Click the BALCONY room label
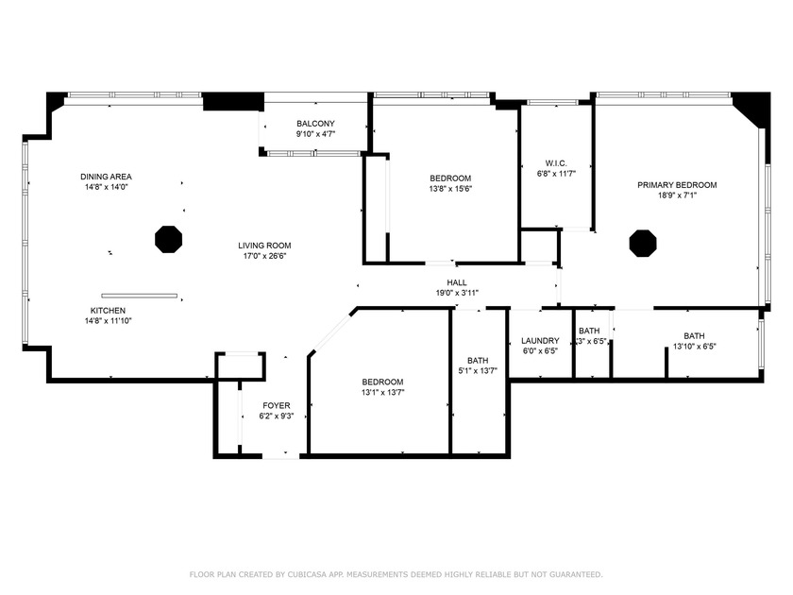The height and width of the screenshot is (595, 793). (315, 124)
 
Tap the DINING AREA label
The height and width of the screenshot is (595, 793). (106, 177)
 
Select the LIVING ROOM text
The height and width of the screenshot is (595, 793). (264, 246)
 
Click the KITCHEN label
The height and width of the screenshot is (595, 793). (108, 311)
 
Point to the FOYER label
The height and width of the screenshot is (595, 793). (277, 405)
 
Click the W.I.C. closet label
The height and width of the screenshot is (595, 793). (555, 161)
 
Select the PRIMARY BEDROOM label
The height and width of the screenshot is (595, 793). (677, 185)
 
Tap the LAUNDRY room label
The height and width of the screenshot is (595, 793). (540, 340)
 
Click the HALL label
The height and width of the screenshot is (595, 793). (457, 282)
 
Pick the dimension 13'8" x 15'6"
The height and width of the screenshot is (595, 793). (450, 189)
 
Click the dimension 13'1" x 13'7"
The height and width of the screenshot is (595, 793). (382, 393)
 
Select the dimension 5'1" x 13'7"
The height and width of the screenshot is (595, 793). (478, 371)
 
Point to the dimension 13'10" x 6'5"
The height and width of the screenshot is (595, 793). (694, 347)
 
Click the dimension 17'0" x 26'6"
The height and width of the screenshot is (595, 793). (264, 256)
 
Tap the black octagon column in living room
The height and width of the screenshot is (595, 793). (168, 239)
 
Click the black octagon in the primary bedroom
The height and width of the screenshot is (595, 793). (643, 243)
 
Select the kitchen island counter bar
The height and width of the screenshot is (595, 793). (140, 296)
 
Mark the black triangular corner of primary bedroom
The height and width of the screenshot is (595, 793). (754, 106)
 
